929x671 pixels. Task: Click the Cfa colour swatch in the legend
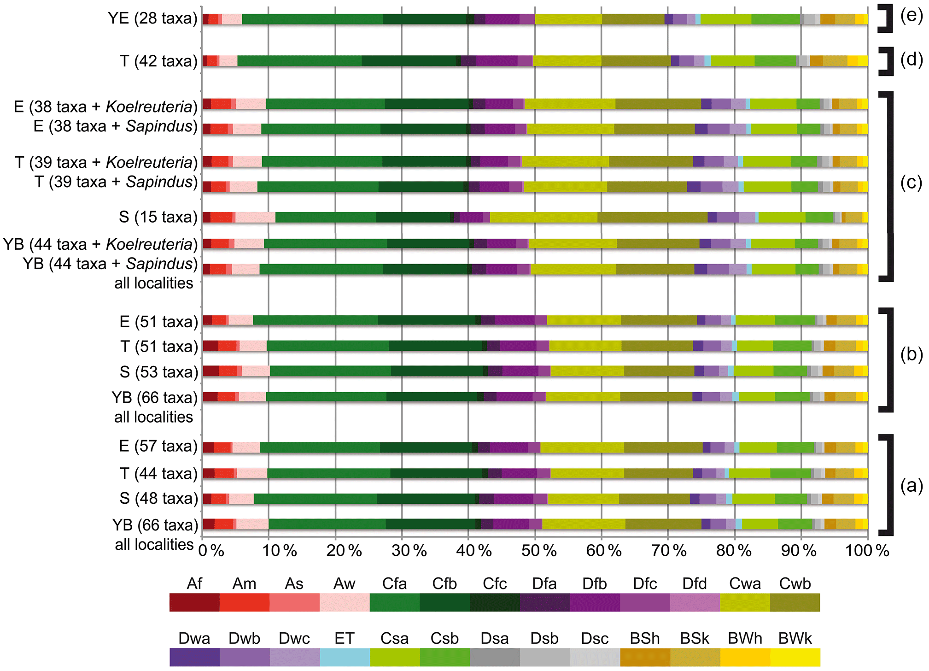[394, 602]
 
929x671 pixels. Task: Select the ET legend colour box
[345, 657]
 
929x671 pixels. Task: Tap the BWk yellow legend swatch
[795, 657]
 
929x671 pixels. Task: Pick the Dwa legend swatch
[194, 657]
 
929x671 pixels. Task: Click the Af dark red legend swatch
[194, 602]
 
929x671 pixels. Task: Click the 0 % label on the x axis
[211, 550]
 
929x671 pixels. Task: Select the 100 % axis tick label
[867, 550]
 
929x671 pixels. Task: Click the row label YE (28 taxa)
[152, 18]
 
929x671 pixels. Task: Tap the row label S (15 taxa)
[158, 217]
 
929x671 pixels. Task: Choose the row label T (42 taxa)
[158, 61]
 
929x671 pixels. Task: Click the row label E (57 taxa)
[158, 446]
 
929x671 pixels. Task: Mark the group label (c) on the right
[911, 182]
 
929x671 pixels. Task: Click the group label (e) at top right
[911, 16]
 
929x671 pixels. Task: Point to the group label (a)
[911, 485]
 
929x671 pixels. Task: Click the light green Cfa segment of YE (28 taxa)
[312, 19]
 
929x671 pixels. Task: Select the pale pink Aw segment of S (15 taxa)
[255, 217]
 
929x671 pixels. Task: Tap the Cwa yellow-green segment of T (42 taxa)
[567, 61]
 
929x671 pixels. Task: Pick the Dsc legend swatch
[595, 657]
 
